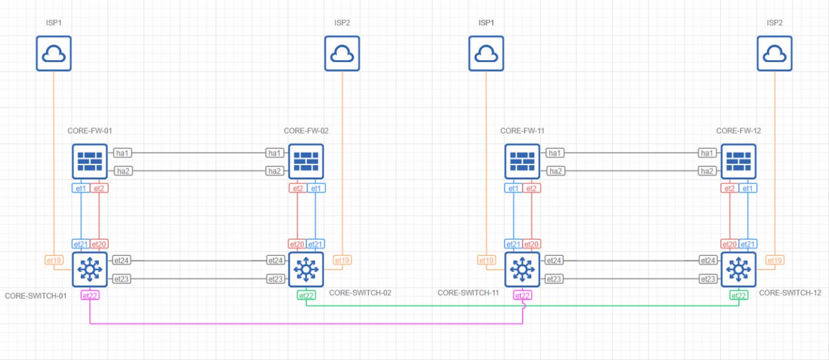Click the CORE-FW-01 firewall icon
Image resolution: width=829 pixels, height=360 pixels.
click(x=89, y=162)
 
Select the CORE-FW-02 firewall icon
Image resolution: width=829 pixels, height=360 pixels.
click(x=306, y=162)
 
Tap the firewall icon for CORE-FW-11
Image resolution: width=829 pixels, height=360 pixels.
click(x=522, y=162)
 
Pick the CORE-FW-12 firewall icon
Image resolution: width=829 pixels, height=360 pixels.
click(x=739, y=162)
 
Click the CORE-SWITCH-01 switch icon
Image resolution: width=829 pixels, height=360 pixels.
click(x=89, y=270)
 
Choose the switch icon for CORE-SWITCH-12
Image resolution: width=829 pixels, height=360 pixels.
click(x=739, y=270)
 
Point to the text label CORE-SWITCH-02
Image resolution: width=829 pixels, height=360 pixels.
click(x=360, y=293)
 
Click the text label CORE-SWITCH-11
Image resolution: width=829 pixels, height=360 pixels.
click(x=468, y=293)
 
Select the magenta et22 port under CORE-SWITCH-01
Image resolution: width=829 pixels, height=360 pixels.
click(x=90, y=296)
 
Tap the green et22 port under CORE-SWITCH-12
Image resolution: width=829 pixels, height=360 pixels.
click(x=739, y=296)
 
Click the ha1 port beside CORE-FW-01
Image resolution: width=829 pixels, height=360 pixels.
click(x=122, y=153)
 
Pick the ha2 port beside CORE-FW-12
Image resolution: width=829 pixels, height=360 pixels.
click(x=707, y=171)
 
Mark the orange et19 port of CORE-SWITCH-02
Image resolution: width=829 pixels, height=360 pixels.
click(x=342, y=260)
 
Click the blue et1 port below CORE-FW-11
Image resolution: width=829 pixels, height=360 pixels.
click(x=514, y=188)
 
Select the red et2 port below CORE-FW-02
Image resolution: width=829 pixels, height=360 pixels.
click(x=297, y=188)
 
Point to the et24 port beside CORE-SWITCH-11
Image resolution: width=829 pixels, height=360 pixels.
click(x=554, y=260)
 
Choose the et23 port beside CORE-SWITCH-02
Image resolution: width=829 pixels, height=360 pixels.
click(x=275, y=279)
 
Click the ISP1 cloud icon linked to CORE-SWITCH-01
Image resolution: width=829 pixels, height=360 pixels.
click(x=54, y=53)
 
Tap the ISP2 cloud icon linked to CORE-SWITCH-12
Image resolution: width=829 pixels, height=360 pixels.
click(x=775, y=53)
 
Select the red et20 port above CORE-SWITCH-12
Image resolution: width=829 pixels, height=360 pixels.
click(x=729, y=244)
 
